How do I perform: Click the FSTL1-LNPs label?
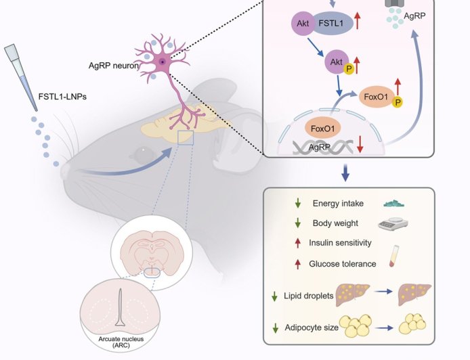pyautogui.click(x=62, y=96)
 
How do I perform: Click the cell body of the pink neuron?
pyautogui.click(x=163, y=62)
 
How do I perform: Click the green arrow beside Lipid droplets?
pyautogui.click(x=274, y=296)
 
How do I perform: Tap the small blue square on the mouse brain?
pyautogui.click(x=185, y=138)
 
